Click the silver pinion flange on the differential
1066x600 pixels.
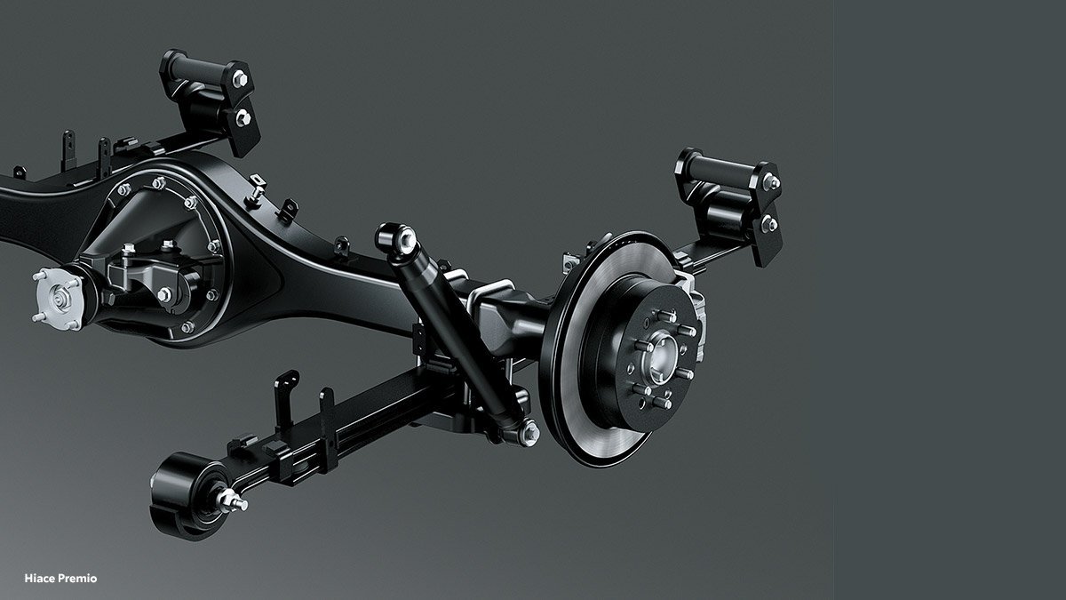58,300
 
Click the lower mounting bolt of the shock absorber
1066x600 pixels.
529,432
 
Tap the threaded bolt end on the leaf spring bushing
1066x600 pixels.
233,500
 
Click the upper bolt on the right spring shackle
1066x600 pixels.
770,182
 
